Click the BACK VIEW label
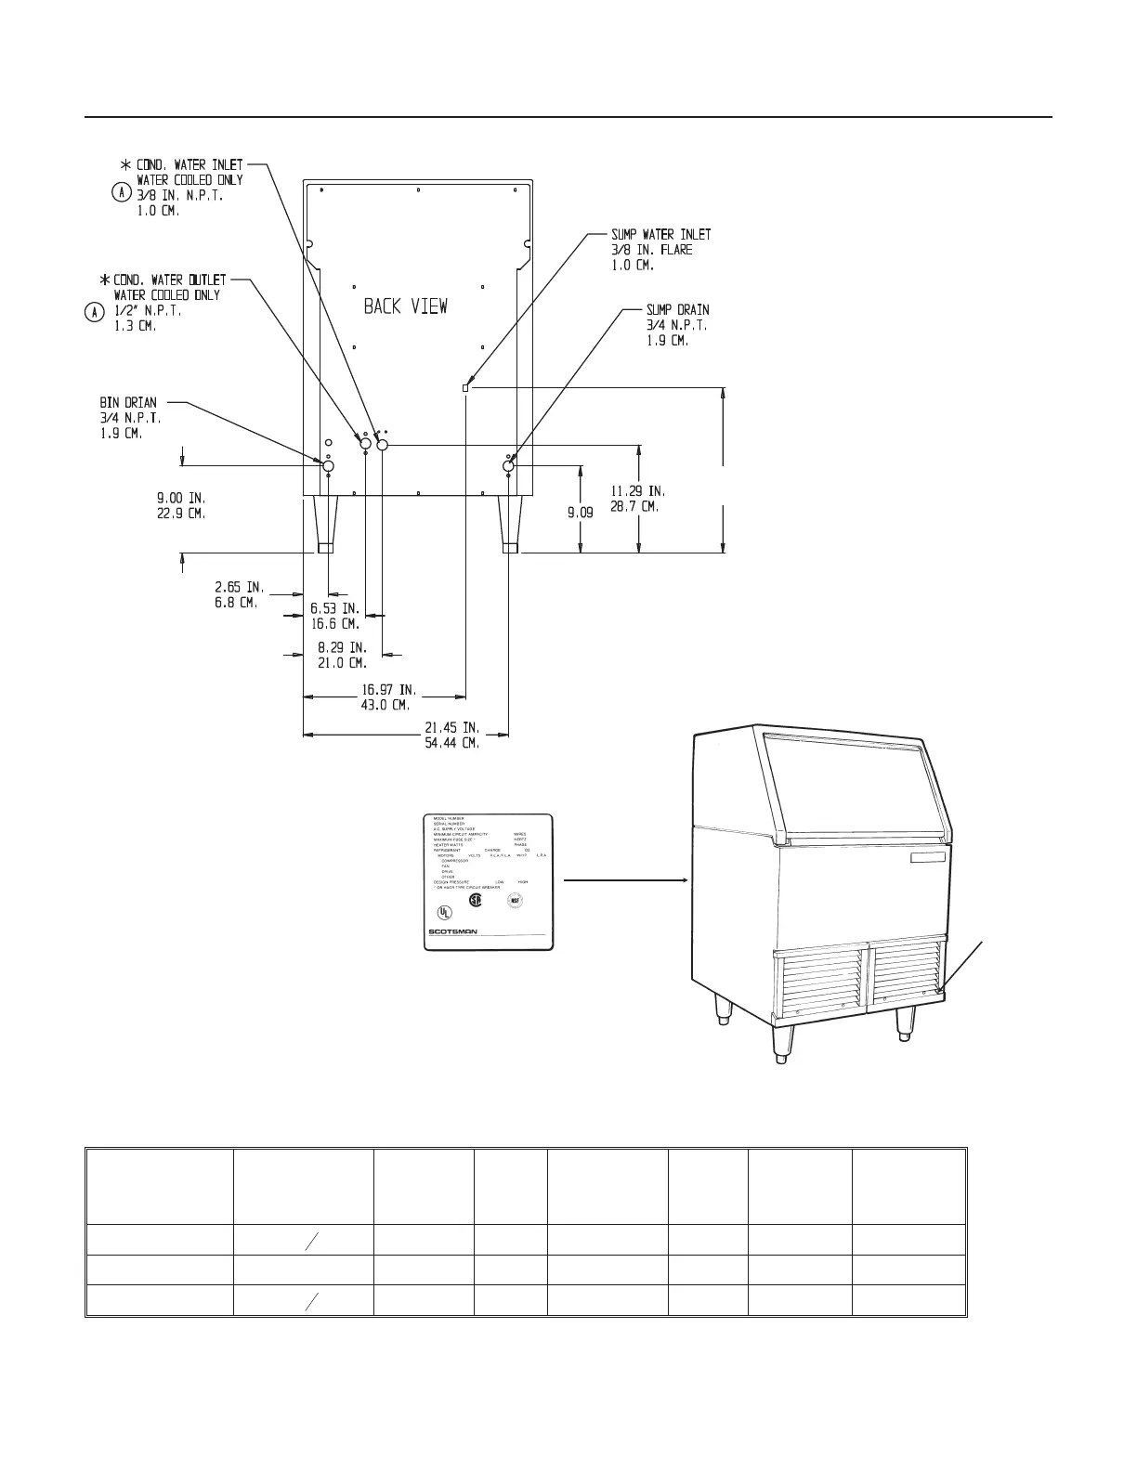(x=405, y=306)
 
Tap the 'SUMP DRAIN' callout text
(x=678, y=310)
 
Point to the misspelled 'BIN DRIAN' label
(x=128, y=403)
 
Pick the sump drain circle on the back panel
(x=508, y=464)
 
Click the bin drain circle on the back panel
(x=328, y=465)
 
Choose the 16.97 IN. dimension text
(x=388, y=690)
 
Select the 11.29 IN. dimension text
(x=637, y=490)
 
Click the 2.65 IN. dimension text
(x=239, y=587)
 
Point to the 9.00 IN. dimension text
(x=181, y=497)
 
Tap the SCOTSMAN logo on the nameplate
(x=453, y=933)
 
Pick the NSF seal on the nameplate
(x=514, y=900)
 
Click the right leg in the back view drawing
(x=509, y=525)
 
